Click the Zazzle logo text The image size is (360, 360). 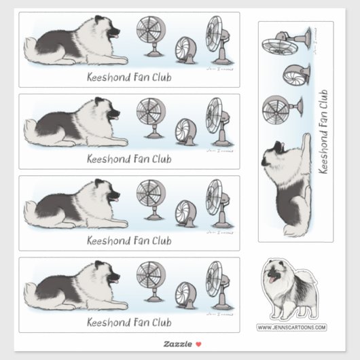click(175, 344)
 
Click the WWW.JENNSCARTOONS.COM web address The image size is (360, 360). click(291, 327)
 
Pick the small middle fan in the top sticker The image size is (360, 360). click(185, 50)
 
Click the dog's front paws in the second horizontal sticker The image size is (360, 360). click(119, 143)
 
